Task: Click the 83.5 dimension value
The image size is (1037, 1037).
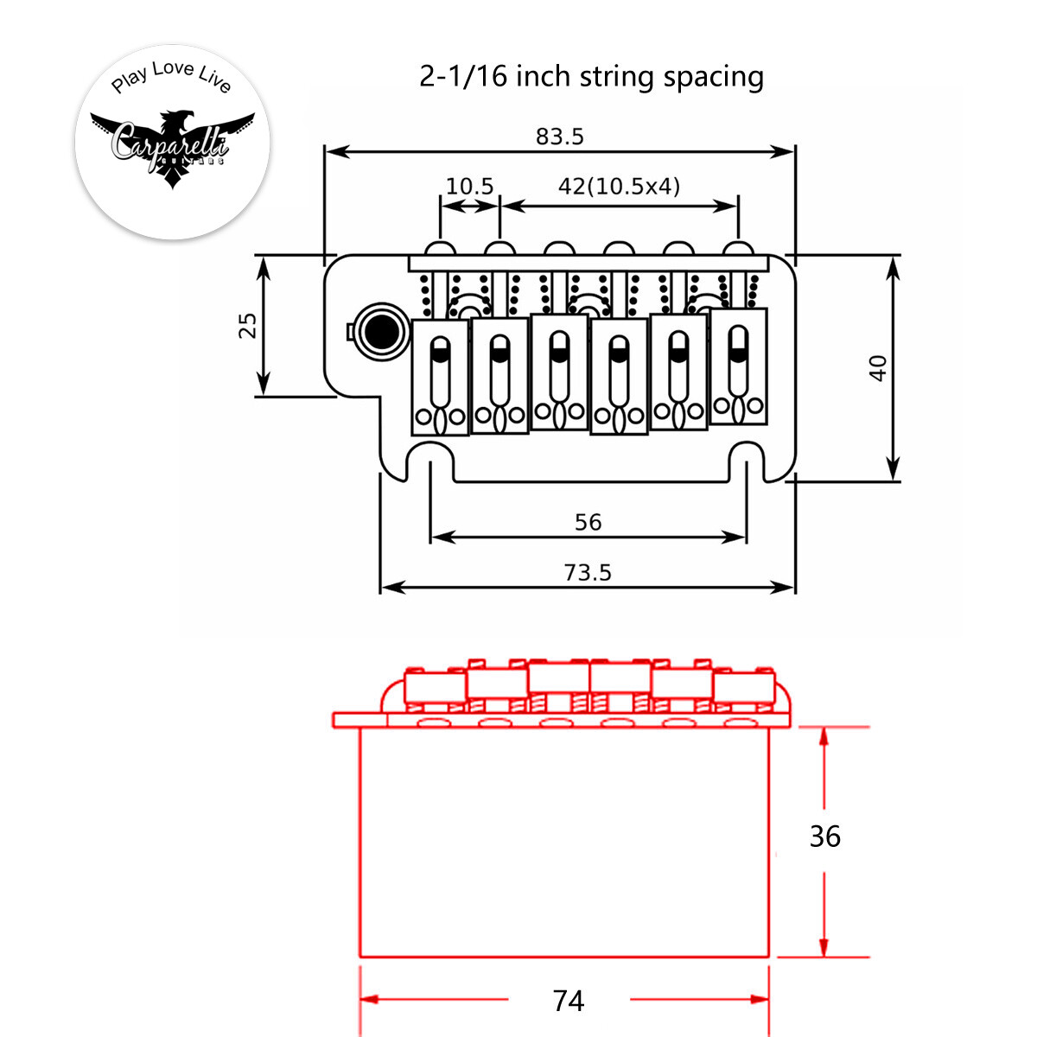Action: coord(559,137)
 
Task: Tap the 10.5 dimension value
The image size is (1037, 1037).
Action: coord(469,186)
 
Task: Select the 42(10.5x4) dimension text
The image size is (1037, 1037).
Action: coord(619,186)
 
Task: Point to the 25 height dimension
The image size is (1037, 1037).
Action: coord(248,326)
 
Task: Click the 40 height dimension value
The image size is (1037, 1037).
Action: coord(878,368)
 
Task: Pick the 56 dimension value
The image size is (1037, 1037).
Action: coord(588,522)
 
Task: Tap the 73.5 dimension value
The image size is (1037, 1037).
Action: coord(588,572)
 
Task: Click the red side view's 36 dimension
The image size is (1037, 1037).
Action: coord(824,837)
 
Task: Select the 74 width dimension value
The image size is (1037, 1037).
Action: coord(569,1001)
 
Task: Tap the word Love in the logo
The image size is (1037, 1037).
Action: coord(173,69)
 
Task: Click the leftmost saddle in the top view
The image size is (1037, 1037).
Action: coord(440,377)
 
